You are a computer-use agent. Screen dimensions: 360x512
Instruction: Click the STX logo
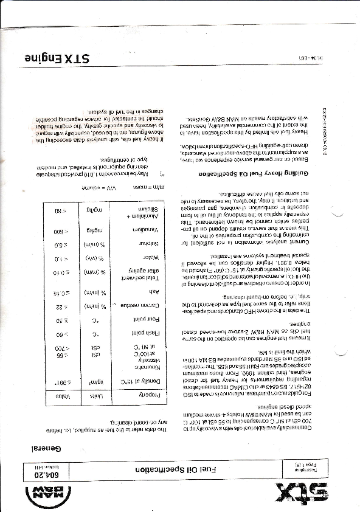(x=302, y=486)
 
